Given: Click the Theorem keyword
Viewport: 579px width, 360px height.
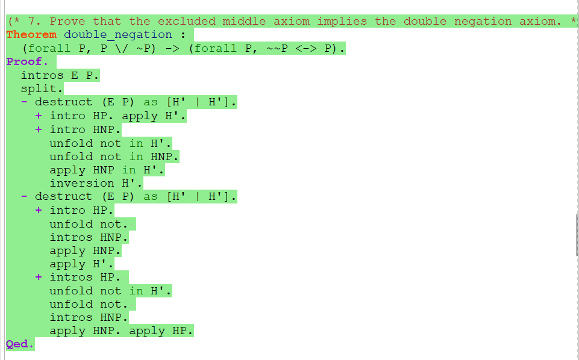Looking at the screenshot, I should [x=31, y=35].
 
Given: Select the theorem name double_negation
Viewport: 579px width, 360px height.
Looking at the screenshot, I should [x=118, y=35].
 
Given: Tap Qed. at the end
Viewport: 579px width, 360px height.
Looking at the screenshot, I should [x=20, y=344].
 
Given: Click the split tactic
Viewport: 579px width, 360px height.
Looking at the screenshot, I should [x=42, y=88].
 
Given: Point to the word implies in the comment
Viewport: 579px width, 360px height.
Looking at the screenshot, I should [x=342, y=21].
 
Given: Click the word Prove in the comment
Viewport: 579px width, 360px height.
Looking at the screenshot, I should [x=67, y=21].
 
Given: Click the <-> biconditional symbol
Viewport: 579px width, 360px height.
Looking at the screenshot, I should [x=306, y=48].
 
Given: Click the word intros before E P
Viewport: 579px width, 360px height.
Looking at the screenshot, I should [x=42, y=75].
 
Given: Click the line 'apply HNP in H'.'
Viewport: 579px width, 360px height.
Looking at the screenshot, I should [x=107, y=170].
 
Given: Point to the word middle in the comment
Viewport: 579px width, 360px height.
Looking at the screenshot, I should [x=244, y=21].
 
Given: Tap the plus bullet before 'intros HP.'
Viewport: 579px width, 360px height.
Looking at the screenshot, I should [x=39, y=277].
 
